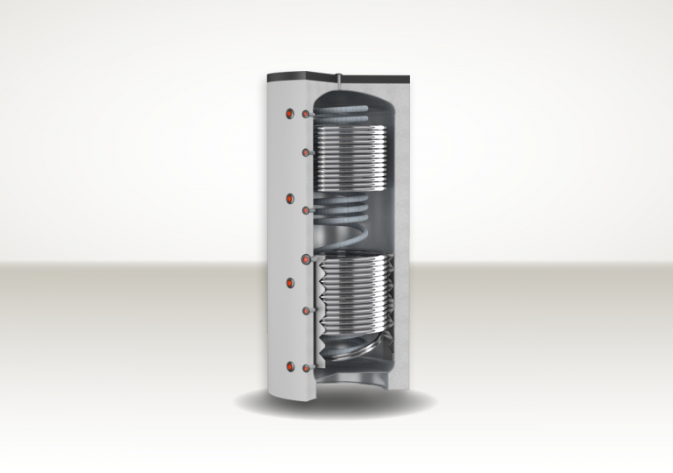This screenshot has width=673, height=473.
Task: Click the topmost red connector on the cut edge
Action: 305,115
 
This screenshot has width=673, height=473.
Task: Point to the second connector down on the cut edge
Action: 305,153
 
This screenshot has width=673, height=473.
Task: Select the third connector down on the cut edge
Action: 305,211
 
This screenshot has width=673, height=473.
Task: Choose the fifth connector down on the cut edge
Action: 305,310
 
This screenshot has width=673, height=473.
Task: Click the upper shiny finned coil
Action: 351,158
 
